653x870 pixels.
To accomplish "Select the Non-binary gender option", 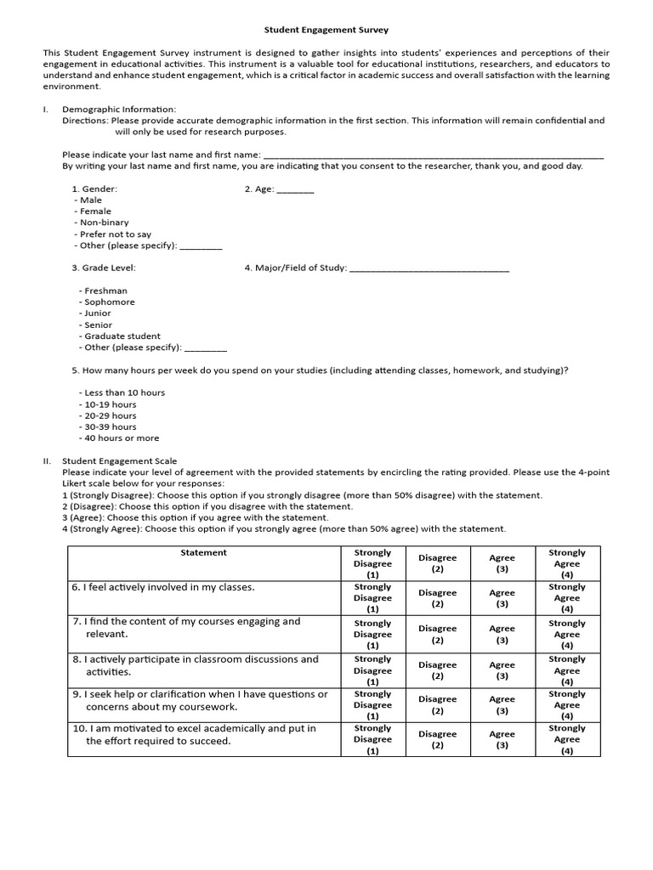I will click(104, 223).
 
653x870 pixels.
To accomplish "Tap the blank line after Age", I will click(295, 189).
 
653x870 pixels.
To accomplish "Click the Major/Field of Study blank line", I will click(429, 268).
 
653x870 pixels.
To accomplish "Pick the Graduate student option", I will click(121, 336).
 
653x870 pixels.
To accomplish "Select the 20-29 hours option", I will click(109, 415).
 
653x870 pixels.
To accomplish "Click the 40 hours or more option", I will click(120, 438).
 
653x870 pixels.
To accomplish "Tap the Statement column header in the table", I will click(203, 553).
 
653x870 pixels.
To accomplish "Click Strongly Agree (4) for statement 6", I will click(566, 597).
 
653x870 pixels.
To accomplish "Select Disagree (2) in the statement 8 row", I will click(437, 670).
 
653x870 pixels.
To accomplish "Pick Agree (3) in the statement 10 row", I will click(502, 739).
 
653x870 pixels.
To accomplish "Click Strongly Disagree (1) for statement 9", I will click(372, 704).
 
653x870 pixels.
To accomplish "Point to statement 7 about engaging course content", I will click(191, 628).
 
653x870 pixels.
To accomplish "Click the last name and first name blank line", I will click(434, 155).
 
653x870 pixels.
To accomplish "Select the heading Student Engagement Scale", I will click(120, 460).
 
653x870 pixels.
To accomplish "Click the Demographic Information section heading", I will click(119, 110).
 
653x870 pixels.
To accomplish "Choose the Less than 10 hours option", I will click(123, 393).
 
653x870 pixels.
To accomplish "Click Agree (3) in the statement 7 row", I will click(502, 634).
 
